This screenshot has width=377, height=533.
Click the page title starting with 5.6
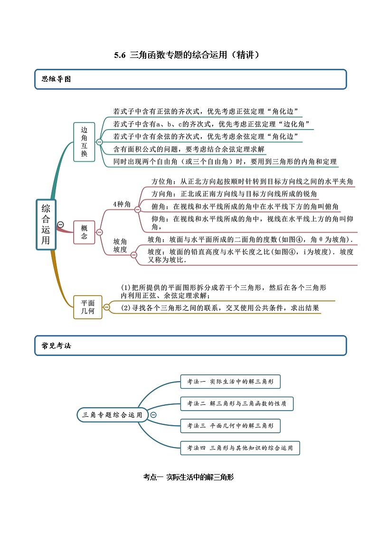pos(188,55)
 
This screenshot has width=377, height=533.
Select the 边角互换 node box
pos(84,142)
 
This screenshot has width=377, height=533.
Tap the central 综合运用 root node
pos(46,224)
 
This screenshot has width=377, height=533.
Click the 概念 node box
pos(84,232)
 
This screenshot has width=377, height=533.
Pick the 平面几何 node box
pos(87,307)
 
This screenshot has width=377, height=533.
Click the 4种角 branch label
pos(122,204)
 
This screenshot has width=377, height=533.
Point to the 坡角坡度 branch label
pos(120,246)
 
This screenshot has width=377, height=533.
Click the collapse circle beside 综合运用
pos(60,224)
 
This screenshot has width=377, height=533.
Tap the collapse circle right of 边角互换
pos(99,142)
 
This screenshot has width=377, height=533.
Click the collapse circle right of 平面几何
pos(106,307)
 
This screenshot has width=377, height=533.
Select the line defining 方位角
pos(252,182)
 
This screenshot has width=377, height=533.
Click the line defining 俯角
pos(245,206)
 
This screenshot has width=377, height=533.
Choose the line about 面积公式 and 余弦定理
pos(189,149)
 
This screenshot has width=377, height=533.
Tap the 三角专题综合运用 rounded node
pos(112,415)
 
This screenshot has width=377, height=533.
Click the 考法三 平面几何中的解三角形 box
pos(230,426)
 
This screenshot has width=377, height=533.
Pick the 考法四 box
pos(240,448)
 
